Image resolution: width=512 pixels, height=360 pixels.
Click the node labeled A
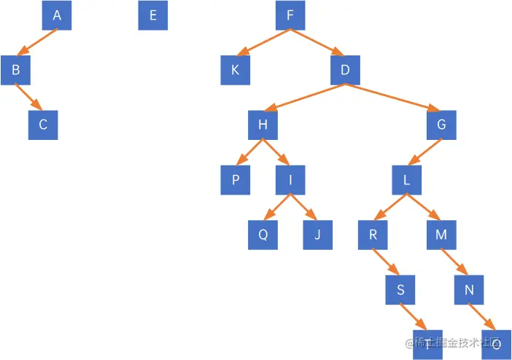57,16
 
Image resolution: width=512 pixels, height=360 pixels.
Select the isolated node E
152,16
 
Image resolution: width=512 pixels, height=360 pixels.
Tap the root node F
290,16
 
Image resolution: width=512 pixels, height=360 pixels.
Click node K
236,71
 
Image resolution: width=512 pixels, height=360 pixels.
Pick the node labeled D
345,71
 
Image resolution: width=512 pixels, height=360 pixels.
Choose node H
263,125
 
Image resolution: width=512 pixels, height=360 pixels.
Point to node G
441,125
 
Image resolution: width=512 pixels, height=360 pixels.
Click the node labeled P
236,180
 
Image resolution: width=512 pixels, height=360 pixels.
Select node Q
263,235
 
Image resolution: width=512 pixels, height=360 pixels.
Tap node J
317,235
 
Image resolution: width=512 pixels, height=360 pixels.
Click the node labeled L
406,180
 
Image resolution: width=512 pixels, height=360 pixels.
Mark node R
373,235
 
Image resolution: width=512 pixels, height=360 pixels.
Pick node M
441,235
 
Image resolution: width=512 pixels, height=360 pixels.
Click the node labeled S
400,290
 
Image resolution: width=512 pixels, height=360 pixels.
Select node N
469,290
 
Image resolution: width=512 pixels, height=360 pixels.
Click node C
43,125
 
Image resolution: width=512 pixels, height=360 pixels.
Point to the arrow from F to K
265,42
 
